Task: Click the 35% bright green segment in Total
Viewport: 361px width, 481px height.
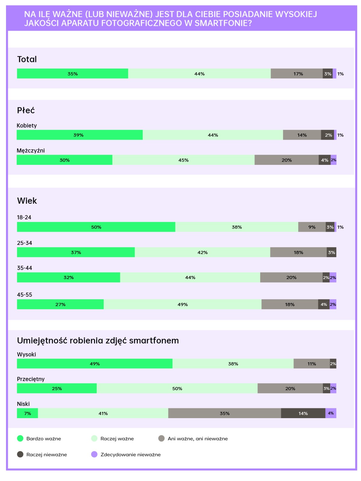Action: point(73,74)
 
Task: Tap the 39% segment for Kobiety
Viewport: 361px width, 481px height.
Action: point(79,135)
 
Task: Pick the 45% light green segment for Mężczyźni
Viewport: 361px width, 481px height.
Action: point(183,160)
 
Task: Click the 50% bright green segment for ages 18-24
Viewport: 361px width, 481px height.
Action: point(96,227)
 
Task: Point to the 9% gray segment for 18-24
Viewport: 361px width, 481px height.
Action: point(312,227)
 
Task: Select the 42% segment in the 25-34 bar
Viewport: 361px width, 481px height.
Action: point(202,252)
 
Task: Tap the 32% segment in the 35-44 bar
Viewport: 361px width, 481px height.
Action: point(69,277)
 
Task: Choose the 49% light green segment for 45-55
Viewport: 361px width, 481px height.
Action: point(182,304)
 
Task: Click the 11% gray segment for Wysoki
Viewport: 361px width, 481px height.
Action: point(311,364)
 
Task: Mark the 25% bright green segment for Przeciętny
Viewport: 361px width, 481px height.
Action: point(57,388)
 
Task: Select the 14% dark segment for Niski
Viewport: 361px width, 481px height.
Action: point(303,413)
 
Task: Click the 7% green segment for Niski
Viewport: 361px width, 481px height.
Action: point(27,413)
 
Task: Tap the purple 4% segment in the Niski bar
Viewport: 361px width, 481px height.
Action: point(331,413)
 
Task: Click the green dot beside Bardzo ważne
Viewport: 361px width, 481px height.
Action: point(20,439)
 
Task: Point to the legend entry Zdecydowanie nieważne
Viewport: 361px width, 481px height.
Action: point(130,455)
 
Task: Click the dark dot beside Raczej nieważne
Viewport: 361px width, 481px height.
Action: point(20,455)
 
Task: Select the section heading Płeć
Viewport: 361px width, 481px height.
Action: point(26,110)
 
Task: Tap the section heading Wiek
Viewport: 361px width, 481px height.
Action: point(27,201)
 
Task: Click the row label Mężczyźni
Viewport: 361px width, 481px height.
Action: point(31,150)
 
